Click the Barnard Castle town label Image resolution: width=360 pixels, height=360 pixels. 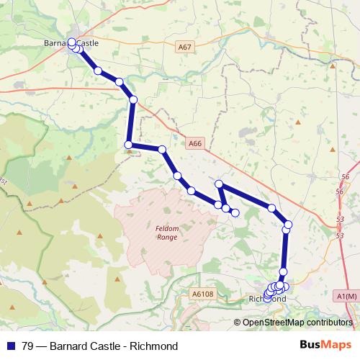pyautogui.click(x=71, y=43)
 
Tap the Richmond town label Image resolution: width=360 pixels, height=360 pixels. pyautogui.click(x=267, y=299)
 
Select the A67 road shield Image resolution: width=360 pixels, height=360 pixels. pyautogui.click(x=185, y=47)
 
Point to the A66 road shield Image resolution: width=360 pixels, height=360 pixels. pyautogui.click(x=194, y=143)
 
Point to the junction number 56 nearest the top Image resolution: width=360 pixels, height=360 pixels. pyautogui.click(x=345, y=176)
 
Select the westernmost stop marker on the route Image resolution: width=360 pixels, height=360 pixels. pyautogui.click(x=71, y=42)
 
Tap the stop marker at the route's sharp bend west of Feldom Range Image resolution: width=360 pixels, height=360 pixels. pyautogui.click(x=130, y=145)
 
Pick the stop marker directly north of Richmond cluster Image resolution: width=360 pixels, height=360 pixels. pyautogui.click(x=283, y=271)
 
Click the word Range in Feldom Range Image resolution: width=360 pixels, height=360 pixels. pyautogui.click(x=166, y=236)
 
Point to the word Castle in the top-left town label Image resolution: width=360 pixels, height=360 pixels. pyautogui.click(x=87, y=43)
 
